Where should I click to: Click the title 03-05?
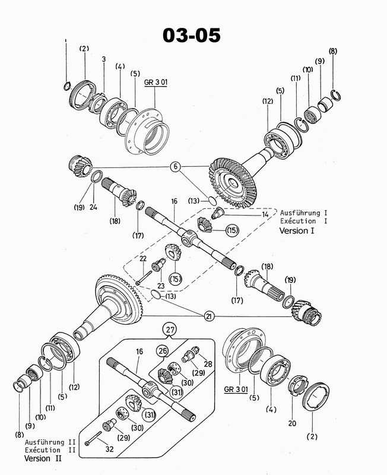[191, 35]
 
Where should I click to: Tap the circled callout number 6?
[175, 167]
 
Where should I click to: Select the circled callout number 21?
[209, 316]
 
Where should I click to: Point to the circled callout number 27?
[170, 330]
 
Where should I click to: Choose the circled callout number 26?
[163, 351]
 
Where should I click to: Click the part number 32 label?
[109, 449]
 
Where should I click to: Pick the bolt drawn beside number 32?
[93, 438]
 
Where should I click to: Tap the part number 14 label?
[265, 214]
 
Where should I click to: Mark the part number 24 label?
[93, 207]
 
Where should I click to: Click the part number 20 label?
[292, 423]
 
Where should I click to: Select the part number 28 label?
[208, 363]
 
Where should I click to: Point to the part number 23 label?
[161, 286]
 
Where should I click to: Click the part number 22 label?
[143, 258]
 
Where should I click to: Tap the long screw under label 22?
[144, 277]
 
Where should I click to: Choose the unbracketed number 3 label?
[104, 59]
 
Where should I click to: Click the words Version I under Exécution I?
[297, 231]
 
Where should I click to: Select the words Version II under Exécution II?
[43, 458]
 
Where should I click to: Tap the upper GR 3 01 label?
[156, 83]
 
